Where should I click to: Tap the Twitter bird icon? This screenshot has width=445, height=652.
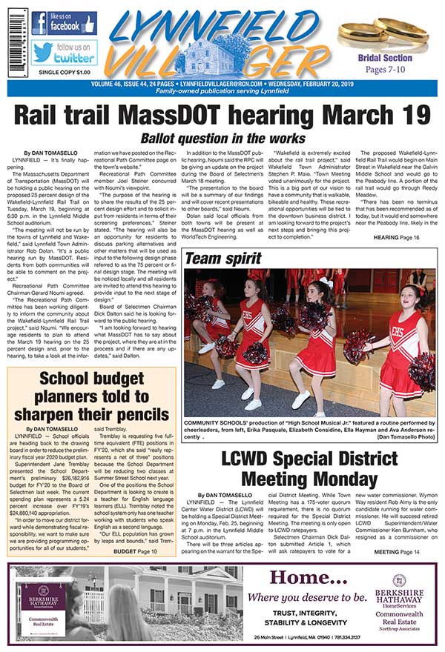coord(42,53)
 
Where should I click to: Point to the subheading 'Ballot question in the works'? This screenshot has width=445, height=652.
coord(222,139)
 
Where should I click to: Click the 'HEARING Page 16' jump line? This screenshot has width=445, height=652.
coord(397,236)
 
